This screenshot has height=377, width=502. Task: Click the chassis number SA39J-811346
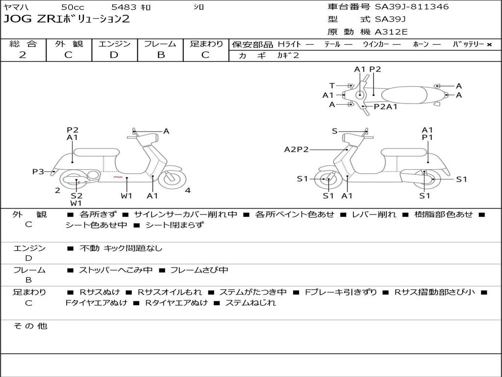[x=412, y=7]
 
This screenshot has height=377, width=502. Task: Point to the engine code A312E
[x=391, y=32]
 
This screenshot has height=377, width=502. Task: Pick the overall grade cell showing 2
[x=23, y=55]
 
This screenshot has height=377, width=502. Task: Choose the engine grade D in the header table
[x=114, y=55]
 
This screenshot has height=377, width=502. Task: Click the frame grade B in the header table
[x=160, y=55]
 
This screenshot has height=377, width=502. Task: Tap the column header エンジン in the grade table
[x=114, y=44]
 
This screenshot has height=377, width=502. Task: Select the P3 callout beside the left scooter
[x=38, y=171]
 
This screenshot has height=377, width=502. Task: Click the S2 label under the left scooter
[x=76, y=195]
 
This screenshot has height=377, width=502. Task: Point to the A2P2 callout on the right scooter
[x=296, y=150]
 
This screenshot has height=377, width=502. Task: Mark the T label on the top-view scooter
[x=332, y=86]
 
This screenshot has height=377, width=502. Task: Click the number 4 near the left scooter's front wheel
[x=188, y=190]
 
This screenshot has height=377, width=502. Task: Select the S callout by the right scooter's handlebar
[x=334, y=131]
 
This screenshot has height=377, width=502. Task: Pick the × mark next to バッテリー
[x=489, y=45]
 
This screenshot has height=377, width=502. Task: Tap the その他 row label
[x=30, y=326]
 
